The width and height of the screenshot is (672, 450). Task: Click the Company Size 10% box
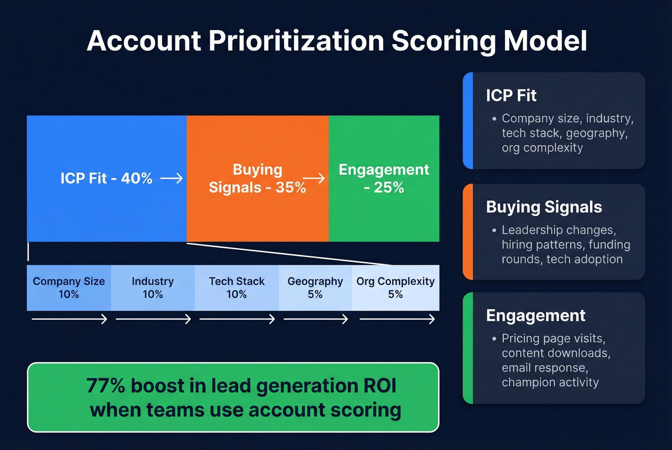point(69,288)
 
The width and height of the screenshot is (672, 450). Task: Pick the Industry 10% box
point(153,288)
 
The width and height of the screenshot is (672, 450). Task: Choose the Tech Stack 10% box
point(237,288)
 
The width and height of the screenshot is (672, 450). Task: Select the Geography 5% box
point(315,288)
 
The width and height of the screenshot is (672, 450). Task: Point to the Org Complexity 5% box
point(396,288)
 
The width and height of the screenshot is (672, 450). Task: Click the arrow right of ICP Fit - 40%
point(171,179)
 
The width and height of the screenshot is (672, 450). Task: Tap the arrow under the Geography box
point(315,319)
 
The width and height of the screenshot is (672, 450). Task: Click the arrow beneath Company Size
point(69,319)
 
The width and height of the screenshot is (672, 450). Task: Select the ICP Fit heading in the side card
point(511,96)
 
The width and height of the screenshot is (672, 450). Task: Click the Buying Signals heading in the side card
point(544,207)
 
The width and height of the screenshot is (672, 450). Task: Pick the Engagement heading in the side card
point(536,316)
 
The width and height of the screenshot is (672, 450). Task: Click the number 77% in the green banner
point(106,386)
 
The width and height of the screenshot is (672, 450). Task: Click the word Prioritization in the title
point(296,41)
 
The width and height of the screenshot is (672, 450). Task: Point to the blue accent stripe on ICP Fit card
point(468,121)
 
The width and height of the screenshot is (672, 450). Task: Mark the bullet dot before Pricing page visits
point(494,339)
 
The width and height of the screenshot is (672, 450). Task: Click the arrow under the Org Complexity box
point(397,319)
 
